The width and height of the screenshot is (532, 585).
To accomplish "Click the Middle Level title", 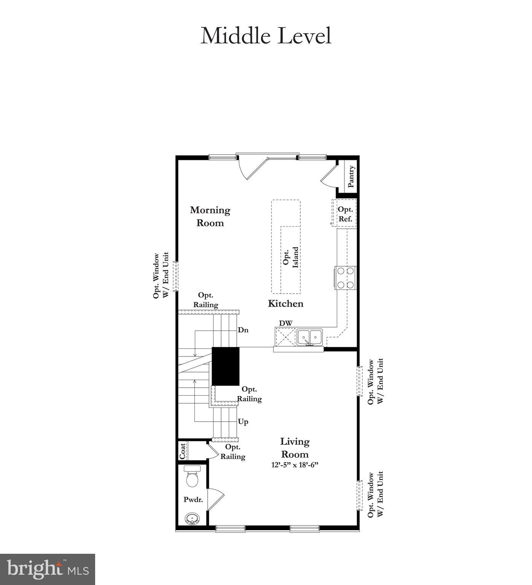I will pos(266,36).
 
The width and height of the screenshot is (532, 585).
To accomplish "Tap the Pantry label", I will pos(351,176).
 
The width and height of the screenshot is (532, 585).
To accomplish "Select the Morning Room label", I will pos(210,216).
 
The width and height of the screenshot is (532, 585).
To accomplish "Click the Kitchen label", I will pos(285,304).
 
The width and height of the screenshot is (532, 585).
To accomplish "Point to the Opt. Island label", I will pos(291,257).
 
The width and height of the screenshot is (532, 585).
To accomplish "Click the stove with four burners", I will pos(346,278).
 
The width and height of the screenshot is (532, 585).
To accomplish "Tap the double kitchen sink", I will pos(310,337).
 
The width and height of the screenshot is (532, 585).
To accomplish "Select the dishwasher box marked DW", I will pos(285,337).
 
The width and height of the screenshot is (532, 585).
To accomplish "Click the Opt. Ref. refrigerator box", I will pos(345,214).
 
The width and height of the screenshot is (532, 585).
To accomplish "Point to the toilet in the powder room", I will pos(192,476).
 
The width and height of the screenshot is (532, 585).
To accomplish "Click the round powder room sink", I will pos(191,519).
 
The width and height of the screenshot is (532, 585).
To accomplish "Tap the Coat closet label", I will pos(183,451).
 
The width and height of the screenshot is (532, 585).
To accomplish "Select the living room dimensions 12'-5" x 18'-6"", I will pos(295,465).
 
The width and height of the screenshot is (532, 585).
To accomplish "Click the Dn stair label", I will pos(243,330).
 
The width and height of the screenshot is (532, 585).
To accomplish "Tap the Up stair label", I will pos(243,422).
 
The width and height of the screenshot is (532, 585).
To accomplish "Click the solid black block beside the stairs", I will pos(225,366).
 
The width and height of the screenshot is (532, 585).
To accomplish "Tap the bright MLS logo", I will pos(48,569).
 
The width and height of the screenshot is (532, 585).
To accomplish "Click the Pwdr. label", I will pos(193,500).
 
